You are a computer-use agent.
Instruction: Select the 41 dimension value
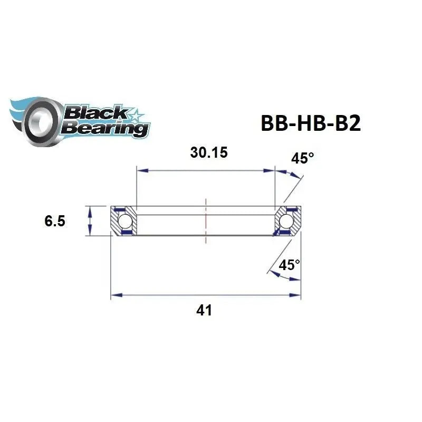click(x=204, y=310)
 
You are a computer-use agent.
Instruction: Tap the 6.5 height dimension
click(x=55, y=221)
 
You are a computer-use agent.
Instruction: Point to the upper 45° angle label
click(x=303, y=158)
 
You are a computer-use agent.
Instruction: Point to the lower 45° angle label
click(x=289, y=265)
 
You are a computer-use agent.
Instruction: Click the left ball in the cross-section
click(x=124, y=220)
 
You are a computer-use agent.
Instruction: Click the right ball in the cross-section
click(x=287, y=220)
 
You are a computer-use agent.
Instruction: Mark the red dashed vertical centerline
click(x=206, y=220)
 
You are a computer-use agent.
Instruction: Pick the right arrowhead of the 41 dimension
click(x=297, y=296)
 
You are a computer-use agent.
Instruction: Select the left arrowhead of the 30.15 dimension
click(x=140, y=170)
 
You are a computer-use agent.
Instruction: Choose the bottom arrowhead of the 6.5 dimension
click(x=91, y=233)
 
